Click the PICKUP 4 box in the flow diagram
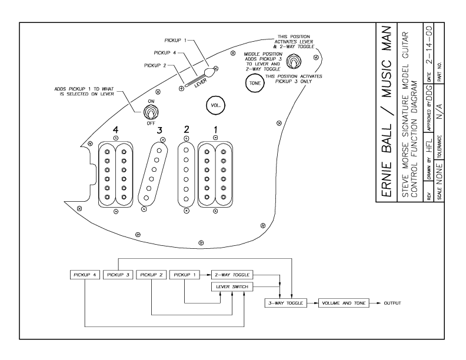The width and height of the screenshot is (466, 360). pyautogui.click(x=85, y=275)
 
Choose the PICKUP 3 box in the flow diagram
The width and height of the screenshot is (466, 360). pyautogui.click(x=118, y=275)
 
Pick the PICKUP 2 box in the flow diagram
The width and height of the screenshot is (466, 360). pyautogui.click(x=151, y=275)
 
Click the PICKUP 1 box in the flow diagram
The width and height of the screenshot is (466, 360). pyautogui.click(x=184, y=275)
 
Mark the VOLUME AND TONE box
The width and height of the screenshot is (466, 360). pyautogui.click(x=340, y=303)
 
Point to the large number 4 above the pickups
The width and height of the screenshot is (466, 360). pyautogui.click(x=115, y=128)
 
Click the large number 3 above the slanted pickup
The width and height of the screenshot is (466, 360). pyautogui.click(x=158, y=128)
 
